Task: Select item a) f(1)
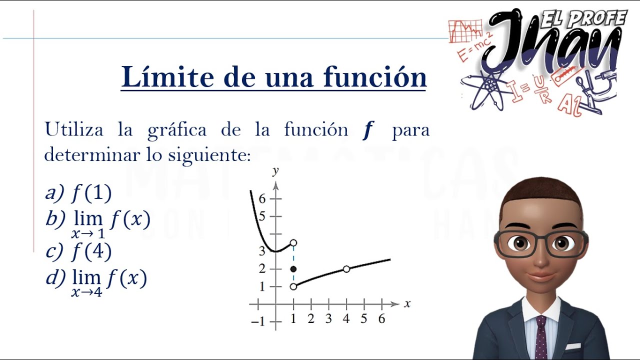coord(78,192)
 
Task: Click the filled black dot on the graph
coord(293,269)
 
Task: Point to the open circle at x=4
coord(346,269)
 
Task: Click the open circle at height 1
coord(293,286)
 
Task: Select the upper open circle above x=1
coord(293,243)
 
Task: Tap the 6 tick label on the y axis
coord(262,198)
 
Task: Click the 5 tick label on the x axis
coord(364,319)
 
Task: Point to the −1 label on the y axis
coord(258,321)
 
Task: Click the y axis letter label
coord(275,171)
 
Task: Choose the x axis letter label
coord(407,303)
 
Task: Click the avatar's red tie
coord(541,337)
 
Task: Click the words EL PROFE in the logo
coord(584,18)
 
